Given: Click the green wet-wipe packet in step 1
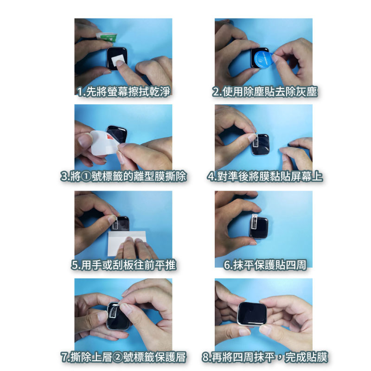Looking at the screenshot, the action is point(107,37).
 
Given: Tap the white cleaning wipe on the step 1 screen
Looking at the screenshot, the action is point(118,60).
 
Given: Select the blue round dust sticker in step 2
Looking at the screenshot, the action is point(262,59).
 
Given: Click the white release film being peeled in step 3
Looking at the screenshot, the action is point(104,143).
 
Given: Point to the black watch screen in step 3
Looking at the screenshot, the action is point(117,134).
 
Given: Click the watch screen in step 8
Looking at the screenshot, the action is point(252,314).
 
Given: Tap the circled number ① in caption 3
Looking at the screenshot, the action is point(86,177).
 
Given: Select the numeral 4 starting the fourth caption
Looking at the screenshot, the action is point(211,177).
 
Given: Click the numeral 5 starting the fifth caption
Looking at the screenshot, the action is point(75,265).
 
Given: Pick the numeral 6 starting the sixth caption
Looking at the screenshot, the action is point(227,265).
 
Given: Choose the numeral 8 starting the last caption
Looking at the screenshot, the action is point(205,357).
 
